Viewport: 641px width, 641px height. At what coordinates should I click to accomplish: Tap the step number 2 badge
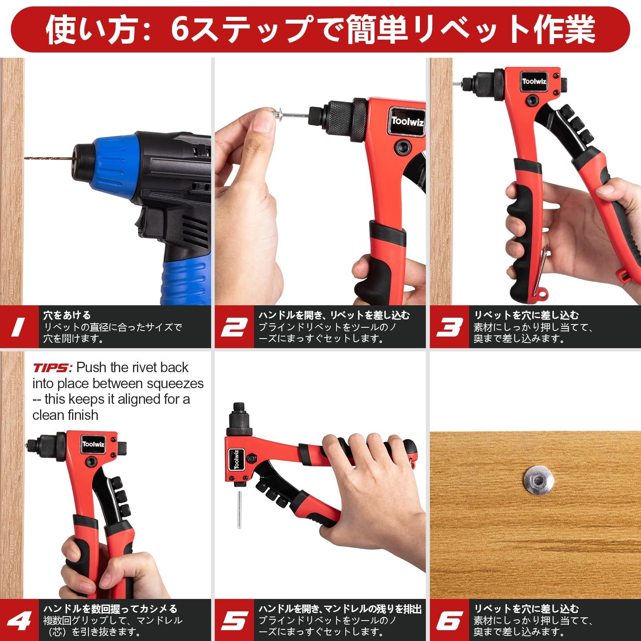click(234, 327)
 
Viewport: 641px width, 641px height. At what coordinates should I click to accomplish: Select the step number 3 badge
click(450, 327)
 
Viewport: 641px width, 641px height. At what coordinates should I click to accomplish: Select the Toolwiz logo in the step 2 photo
click(407, 121)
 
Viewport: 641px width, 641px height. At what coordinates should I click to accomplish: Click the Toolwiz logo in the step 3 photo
click(534, 81)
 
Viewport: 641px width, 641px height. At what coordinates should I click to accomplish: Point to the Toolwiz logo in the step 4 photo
click(93, 444)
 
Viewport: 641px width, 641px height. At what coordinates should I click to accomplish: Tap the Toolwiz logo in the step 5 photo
click(236, 459)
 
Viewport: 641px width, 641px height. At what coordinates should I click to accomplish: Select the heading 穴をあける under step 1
click(67, 315)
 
